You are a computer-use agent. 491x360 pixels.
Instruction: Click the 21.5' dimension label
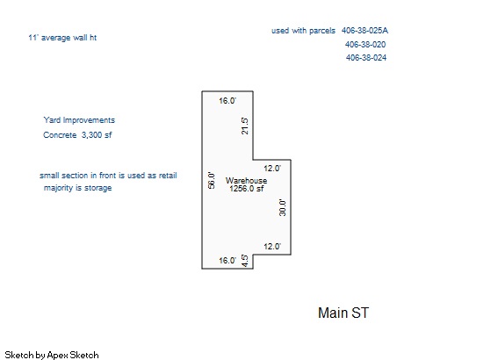[245, 126]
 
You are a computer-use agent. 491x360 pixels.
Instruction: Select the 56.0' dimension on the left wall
[212, 180]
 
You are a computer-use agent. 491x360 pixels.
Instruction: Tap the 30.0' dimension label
[283, 207]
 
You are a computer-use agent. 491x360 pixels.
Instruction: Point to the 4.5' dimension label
[245, 261]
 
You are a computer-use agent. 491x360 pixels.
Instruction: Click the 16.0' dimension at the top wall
[227, 101]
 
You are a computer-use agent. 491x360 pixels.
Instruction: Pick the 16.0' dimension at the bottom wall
[227, 261]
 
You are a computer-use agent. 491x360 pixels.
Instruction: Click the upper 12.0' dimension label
[272, 169]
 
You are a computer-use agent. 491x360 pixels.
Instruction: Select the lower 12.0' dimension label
[272, 247]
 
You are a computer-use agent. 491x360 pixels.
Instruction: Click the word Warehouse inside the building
[247, 181]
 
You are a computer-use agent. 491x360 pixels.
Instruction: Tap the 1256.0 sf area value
[247, 189]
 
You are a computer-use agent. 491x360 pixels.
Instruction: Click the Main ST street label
[343, 313]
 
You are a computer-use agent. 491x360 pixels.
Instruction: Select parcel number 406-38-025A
[365, 31]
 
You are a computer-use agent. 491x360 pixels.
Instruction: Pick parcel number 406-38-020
[365, 45]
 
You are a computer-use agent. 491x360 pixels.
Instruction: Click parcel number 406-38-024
[366, 58]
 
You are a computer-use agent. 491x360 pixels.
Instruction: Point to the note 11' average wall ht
[62, 38]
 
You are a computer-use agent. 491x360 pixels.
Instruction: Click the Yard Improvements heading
[79, 120]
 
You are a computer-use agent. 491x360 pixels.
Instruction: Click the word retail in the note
[168, 176]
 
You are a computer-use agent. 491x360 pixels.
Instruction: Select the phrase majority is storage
[77, 188]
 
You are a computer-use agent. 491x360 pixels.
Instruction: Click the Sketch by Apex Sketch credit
[52, 355]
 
